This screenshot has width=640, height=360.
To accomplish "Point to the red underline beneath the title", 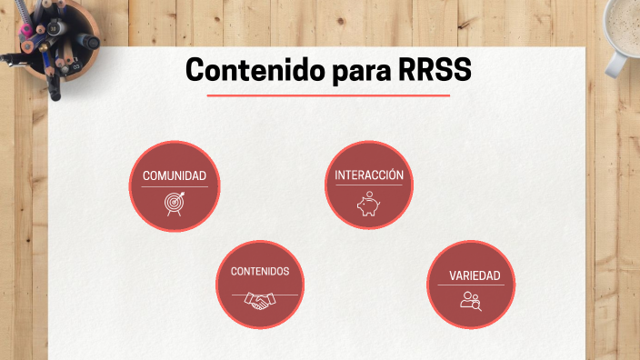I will (x=328, y=95).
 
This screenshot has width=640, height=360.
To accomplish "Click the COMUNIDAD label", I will (x=174, y=175).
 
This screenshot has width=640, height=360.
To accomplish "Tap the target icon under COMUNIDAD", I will (x=174, y=204).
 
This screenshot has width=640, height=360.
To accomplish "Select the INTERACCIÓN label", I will (x=368, y=175).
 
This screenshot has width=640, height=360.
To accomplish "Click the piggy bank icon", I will (x=368, y=205).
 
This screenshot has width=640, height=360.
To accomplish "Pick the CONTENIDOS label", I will (x=260, y=271).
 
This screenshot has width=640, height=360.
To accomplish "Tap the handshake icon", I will (x=260, y=302).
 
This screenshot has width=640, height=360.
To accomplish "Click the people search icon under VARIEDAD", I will (x=470, y=300).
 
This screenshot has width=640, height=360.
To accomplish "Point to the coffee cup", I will (x=625, y=27).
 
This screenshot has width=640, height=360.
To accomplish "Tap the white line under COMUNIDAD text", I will (x=174, y=187).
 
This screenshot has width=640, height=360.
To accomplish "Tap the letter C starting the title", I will (x=195, y=70).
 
